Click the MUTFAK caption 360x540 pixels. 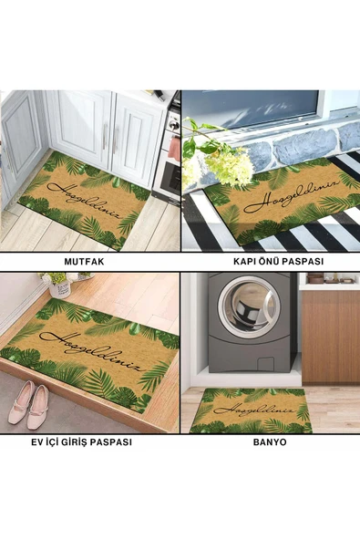coord(84,262)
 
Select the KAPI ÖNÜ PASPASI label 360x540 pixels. coord(278,262)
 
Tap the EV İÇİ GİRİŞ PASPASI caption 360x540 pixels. coord(81,441)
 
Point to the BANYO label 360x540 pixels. coord(270,441)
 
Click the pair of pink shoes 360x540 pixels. coord(28,405)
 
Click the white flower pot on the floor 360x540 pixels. coord(60,288)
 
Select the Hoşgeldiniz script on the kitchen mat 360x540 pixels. coord(86,199)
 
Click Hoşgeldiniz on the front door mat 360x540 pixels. coord(293,194)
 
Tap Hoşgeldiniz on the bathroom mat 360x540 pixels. coord(253,410)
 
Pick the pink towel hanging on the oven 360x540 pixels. coord(174,149)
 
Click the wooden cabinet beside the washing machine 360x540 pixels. coord(331,337)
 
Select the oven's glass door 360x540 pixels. coord(171,177)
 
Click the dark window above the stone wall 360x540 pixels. coord(251,107)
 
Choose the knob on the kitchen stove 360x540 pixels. coord(174,125)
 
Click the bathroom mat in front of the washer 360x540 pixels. coord(251,410)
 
